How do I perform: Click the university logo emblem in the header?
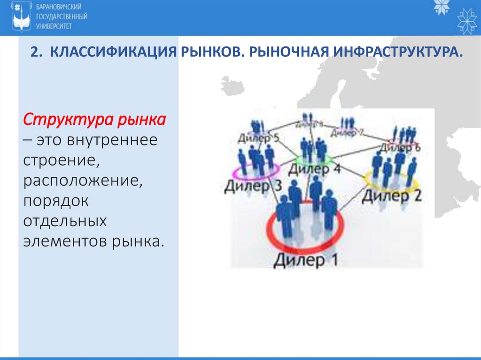point(21,17)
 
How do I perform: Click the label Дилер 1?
point(305,260)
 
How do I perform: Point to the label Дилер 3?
point(253,186)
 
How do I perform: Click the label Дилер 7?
point(347,132)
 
